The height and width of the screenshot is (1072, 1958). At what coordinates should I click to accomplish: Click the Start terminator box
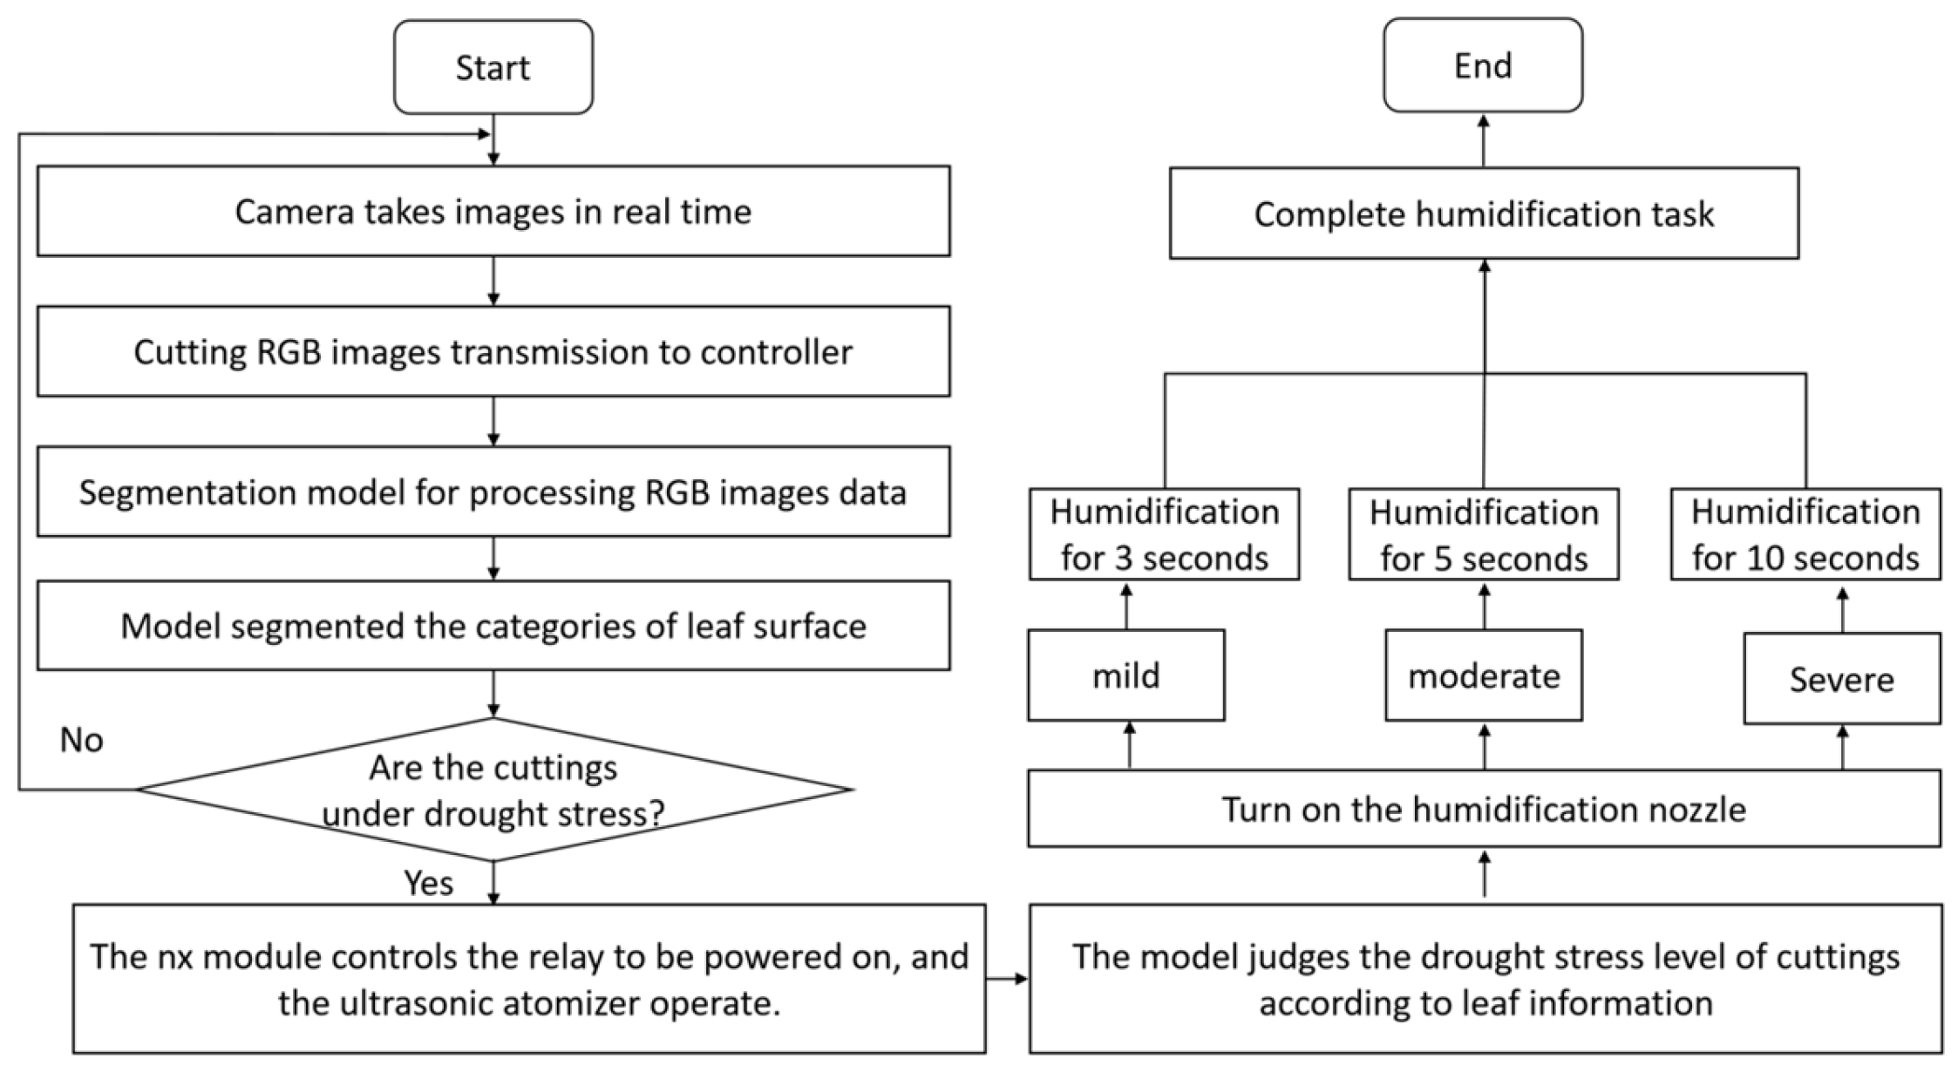[x=493, y=67]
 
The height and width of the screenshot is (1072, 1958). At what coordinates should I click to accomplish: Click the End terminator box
[x=1482, y=66]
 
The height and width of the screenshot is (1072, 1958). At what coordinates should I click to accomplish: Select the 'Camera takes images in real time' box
[x=493, y=212]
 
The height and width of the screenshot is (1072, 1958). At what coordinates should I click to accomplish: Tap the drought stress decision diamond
[x=493, y=790]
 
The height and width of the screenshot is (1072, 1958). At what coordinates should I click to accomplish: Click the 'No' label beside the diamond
[x=81, y=740]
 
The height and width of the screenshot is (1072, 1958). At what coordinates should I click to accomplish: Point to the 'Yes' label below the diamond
[x=428, y=884]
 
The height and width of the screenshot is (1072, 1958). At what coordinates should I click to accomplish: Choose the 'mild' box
[x=1125, y=675]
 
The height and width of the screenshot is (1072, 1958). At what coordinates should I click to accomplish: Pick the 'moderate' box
[x=1483, y=675]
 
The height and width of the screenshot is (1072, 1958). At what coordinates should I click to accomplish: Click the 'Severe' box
[x=1841, y=679]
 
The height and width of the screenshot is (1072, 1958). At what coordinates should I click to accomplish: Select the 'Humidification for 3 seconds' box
[x=1164, y=534]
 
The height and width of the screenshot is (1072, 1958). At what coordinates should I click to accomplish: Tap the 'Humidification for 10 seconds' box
[x=1805, y=534]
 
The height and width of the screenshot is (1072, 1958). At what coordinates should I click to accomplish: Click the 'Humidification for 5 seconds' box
[x=1483, y=534]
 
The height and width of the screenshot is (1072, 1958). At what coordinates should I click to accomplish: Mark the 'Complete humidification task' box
[x=1483, y=214]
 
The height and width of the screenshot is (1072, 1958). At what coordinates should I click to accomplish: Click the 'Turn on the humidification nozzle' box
[x=1483, y=809]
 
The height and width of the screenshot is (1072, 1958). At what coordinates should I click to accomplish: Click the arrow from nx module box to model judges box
[x=1007, y=979]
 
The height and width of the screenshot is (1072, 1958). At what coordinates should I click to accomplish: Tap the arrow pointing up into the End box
[x=1483, y=139]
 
